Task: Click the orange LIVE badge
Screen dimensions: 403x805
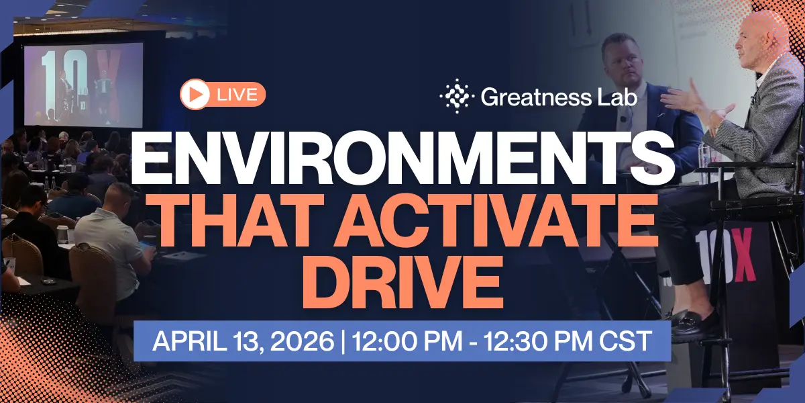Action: (223, 95)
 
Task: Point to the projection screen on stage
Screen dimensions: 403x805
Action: (83, 85)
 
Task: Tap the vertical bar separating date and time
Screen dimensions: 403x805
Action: (343, 341)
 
